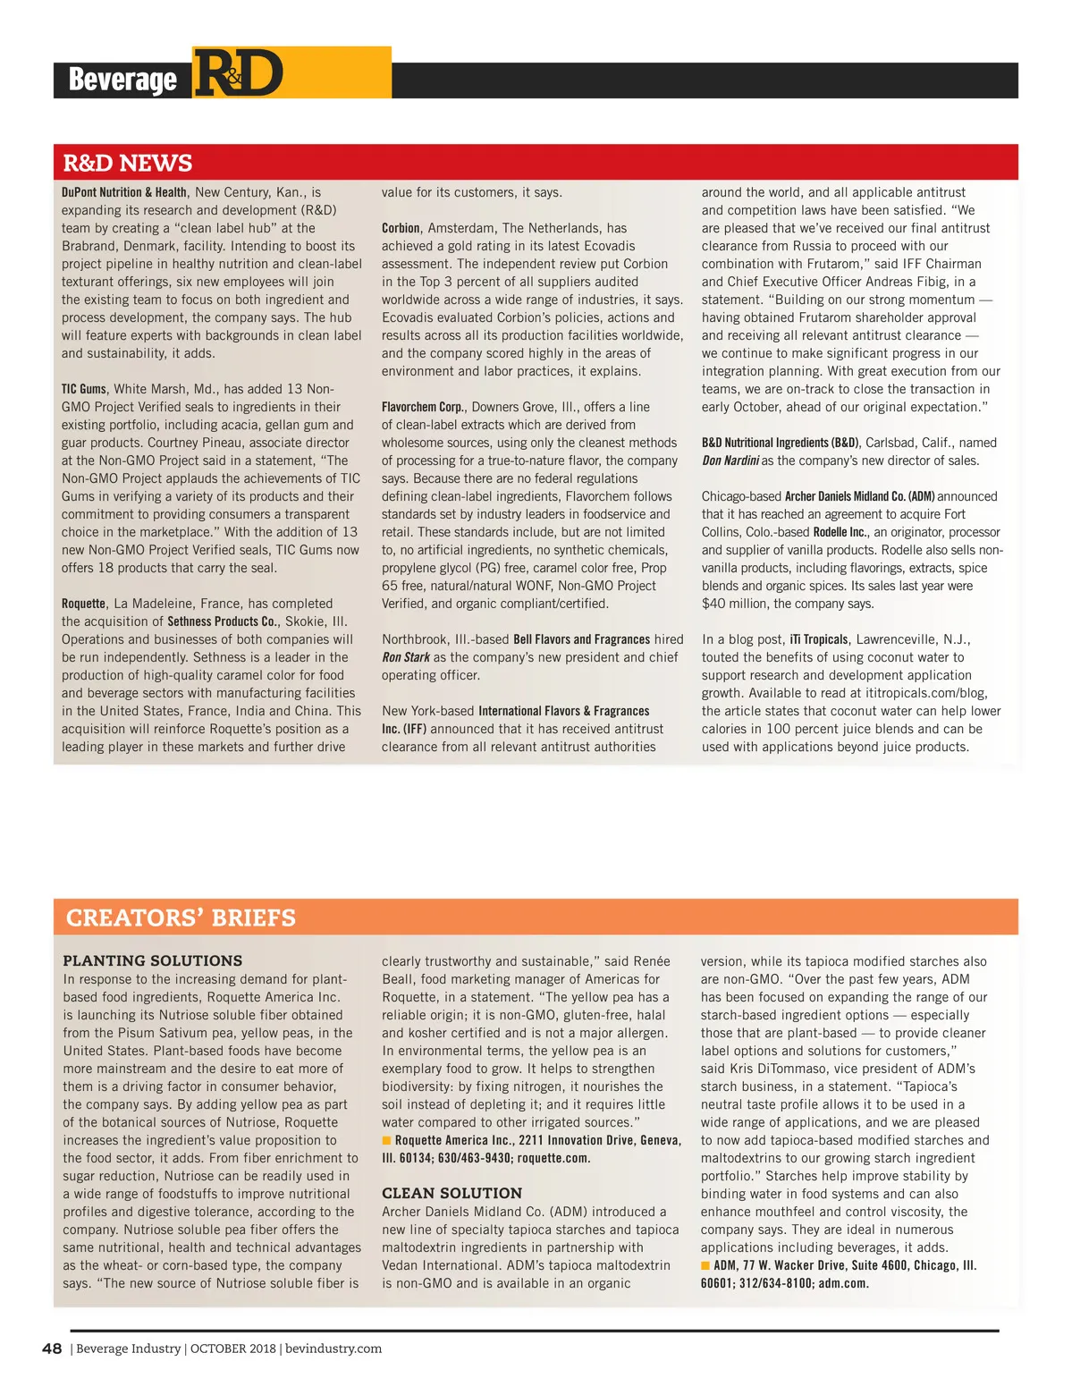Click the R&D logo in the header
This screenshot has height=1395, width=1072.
[x=239, y=74]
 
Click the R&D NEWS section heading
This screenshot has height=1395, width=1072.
[x=127, y=163]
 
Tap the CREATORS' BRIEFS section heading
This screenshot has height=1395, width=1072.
[x=181, y=917]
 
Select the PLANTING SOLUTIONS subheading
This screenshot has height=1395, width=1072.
[x=152, y=960]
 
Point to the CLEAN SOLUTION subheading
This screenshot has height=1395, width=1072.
[x=452, y=1193]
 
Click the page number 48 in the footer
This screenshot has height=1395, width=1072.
[x=52, y=1348]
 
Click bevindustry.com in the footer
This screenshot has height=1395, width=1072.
[x=333, y=1348]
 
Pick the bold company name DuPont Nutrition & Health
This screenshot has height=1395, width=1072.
[x=124, y=192]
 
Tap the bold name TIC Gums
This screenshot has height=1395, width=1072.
[x=83, y=389]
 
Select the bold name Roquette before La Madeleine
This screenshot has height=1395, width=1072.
[x=84, y=604]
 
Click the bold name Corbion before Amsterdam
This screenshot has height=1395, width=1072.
[x=401, y=228]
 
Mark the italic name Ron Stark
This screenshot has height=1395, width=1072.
[x=406, y=657]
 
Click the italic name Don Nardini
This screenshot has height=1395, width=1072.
[x=730, y=461]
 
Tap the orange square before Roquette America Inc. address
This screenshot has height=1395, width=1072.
[x=387, y=1140]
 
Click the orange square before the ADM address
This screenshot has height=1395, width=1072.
[x=705, y=1265]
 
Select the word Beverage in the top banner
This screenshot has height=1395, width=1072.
[x=122, y=80]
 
